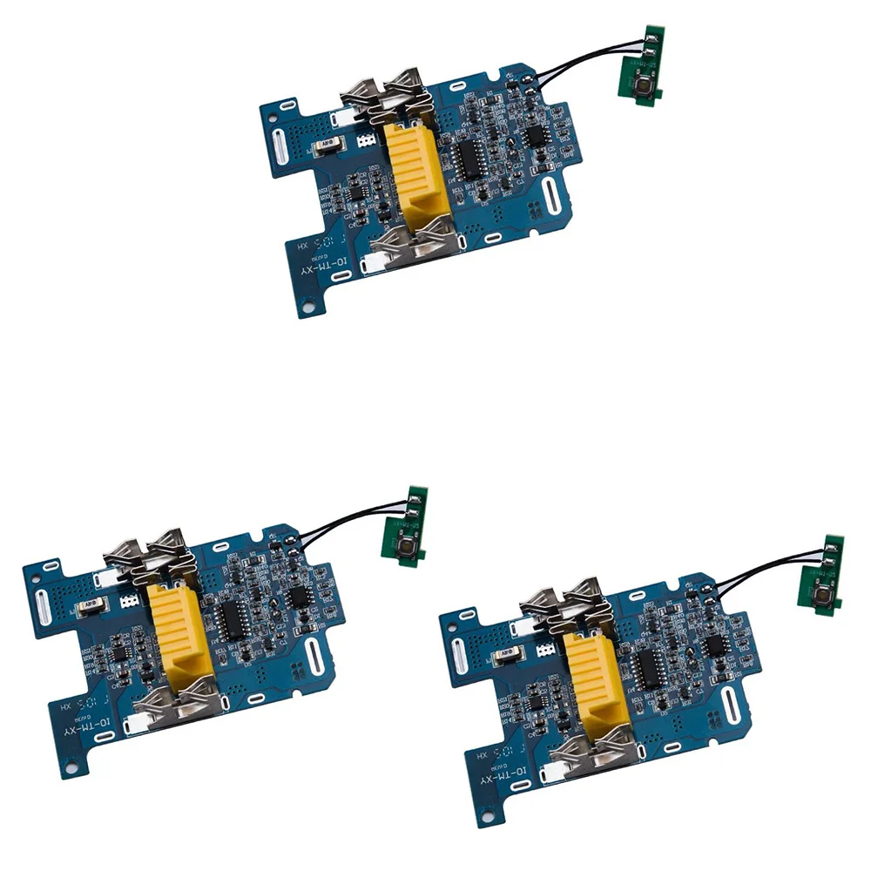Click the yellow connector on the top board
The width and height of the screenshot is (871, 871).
(415, 170)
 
